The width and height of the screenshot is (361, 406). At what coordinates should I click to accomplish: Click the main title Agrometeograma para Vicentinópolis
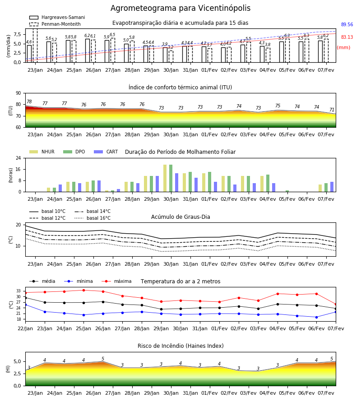[x=180, y=8]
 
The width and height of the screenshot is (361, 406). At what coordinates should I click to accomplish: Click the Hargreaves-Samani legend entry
[x=57, y=17]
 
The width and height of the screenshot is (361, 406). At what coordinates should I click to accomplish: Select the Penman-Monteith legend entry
[x=55, y=24]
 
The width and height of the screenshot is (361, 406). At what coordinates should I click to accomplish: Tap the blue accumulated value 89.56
[x=347, y=25]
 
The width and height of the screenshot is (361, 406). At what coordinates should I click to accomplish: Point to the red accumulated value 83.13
[x=347, y=37]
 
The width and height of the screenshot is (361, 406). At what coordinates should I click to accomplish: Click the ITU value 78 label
[x=29, y=101]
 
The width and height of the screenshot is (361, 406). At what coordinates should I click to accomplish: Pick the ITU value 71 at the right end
[x=332, y=110]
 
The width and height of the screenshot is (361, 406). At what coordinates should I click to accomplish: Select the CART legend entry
[x=106, y=152]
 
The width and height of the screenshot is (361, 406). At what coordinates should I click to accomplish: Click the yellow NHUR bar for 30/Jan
[x=165, y=178]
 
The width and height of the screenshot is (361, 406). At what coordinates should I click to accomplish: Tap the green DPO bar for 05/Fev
[x=287, y=191]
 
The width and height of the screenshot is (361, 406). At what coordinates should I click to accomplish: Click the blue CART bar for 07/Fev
[x=332, y=187]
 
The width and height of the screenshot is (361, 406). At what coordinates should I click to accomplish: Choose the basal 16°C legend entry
[x=93, y=218]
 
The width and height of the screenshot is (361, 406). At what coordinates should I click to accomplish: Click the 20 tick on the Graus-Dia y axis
[x=19, y=225]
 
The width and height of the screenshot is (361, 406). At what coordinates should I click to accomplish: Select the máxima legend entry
[x=116, y=281]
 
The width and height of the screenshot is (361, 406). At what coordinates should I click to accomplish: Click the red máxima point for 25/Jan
[x=83, y=290]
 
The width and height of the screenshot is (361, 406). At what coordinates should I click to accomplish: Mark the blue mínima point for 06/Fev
[x=316, y=317]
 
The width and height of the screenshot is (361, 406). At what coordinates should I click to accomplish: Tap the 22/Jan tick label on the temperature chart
[x=25, y=328]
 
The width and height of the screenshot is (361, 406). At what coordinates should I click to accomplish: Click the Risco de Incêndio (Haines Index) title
[x=180, y=346]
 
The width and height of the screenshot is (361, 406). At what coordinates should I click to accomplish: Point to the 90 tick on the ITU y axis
[x=19, y=93]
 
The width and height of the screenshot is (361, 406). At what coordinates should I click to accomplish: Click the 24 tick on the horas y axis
[x=19, y=158]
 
